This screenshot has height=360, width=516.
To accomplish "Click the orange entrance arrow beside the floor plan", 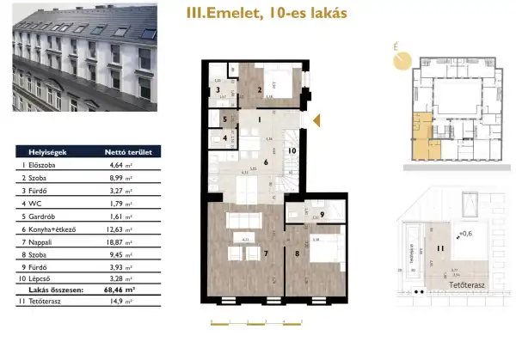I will pos(316,120).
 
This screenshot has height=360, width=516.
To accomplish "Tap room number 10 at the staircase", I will pos(292,151).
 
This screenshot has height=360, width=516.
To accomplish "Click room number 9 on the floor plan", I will pos(321,215).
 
